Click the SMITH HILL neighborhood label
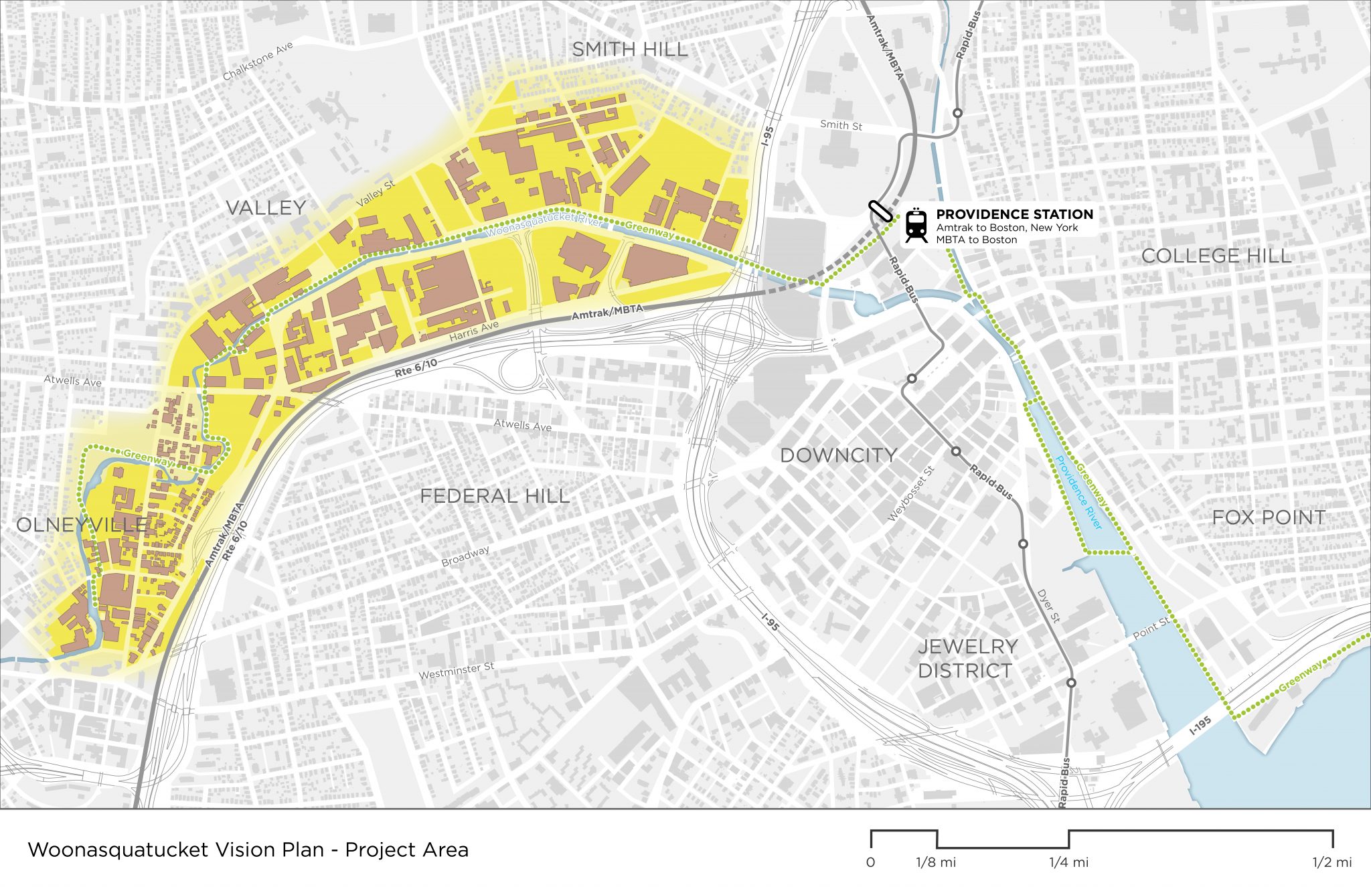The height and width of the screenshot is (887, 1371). tap(629, 50)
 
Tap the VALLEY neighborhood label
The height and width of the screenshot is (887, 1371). tap(266, 208)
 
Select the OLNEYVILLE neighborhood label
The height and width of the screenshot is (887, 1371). tap(82, 525)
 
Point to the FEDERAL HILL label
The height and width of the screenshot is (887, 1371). tap(495, 496)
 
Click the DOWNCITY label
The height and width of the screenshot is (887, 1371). tap(838, 455)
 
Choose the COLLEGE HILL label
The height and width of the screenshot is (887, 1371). tap(1216, 256)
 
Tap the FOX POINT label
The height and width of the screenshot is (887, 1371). tap(1269, 517)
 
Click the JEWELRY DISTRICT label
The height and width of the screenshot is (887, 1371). tap(967, 659)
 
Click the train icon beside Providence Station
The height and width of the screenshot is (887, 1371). tap(916, 225)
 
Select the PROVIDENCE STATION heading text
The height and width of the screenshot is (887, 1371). tap(1014, 214)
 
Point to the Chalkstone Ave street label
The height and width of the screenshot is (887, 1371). tap(258, 62)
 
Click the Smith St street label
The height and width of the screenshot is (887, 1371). tap(841, 125)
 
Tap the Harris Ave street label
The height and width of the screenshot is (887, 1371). tap(474, 331)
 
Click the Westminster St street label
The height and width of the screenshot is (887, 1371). tap(456, 670)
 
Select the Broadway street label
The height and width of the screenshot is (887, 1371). tap(465, 556)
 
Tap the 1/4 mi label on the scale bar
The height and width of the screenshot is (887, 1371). tap(1068, 863)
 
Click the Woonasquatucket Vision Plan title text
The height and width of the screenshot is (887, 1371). tap(248, 850)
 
